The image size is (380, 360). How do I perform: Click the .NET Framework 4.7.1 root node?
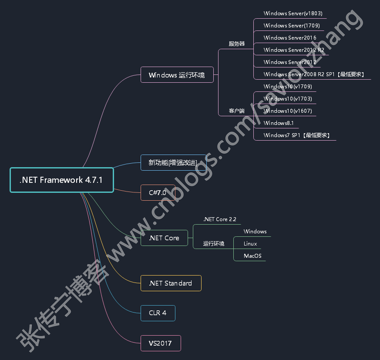pyautogui.click(x=61, y=180)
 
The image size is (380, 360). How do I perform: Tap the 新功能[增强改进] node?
pyautogui.click(x=173, y=163)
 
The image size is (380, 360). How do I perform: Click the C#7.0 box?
pyautogui.click(x=158, y=193)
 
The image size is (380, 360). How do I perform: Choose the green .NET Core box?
pyautogui.click(x=164, y=238)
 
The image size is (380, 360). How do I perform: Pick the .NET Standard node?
pyautogui.click(x=171, y=283)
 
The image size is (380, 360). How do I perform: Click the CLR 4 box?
pyautogui.click(x=158, y=313)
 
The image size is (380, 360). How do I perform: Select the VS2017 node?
pyautogui.click(x=160, y=343)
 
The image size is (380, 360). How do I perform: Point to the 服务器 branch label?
pyautogui.click(x=237, y=44)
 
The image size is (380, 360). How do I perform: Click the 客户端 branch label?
pyautogui.click(x=237, y=111)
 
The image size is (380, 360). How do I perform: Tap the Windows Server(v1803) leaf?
pyautogui.click(x=293, y=13)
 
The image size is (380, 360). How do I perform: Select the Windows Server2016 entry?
pyautogui.click(x=290, y=38)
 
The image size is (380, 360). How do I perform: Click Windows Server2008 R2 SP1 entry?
pyautogui.click(x=313, y=74)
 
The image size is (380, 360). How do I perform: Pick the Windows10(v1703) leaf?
pyautogui.click(x=288, y=99)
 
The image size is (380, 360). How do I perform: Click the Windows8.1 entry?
pyautogui.click(x=279, y=123)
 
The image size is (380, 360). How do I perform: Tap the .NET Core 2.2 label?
pyautogui.click(x=220, y=219)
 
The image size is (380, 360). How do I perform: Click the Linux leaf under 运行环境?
pyautogui.click(x=250, y=244)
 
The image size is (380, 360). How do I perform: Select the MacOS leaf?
pyautogui.click(x=252, y=256)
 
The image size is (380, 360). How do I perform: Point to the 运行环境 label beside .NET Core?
pyautogui.click(x=214, y=244)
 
